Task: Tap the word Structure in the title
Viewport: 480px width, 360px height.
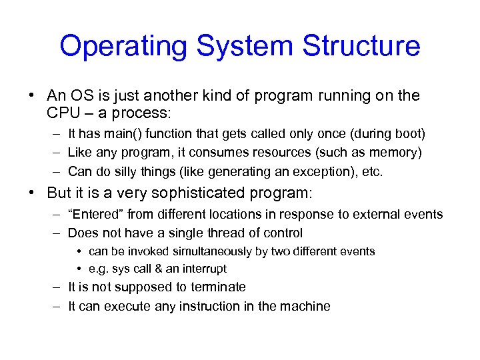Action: [x=361, y=46]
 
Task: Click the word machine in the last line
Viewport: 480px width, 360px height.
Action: [x=305, y=306]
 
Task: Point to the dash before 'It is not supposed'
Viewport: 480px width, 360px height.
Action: [x=55, y=287]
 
